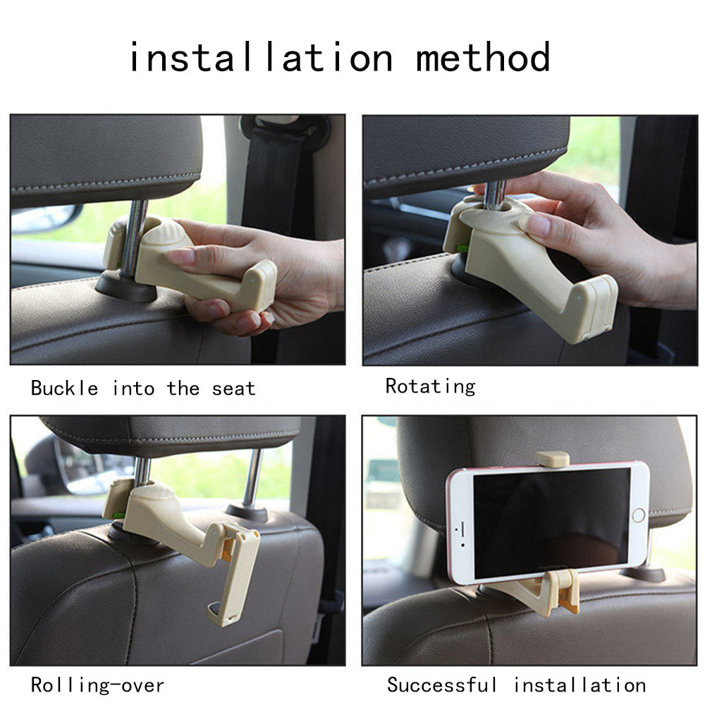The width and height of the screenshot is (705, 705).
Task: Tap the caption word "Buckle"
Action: [x=64, y=388]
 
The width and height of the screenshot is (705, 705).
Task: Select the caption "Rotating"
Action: [x=430, y=386]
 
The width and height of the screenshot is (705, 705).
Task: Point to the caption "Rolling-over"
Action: [x=97, y=685]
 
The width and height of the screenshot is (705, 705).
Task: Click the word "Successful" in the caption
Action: [x=442, y=685]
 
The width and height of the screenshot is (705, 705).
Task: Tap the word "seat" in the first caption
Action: [x=233, y=388]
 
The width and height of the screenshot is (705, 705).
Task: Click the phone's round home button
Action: [x=638, y=515]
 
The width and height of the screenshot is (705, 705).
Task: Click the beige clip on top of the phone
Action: [x=552, y=459]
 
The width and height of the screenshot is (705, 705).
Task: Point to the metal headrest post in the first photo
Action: [x=133, y=238]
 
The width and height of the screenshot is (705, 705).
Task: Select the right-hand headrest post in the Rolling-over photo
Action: [x=252, y=477]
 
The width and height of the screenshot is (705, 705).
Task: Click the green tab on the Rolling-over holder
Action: [x=118, y=515]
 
